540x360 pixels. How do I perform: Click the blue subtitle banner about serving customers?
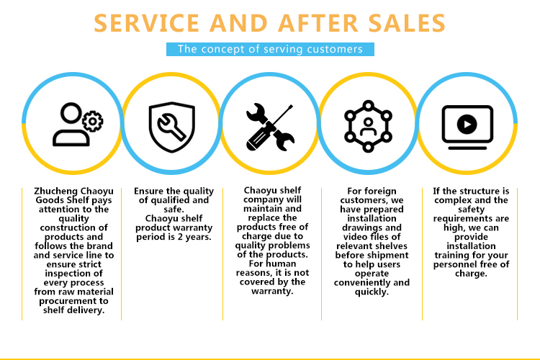tap(270, 50)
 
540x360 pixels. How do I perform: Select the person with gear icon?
tap(72, 125)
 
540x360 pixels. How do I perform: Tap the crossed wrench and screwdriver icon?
tap(270, 127)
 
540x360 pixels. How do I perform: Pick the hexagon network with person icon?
tap(369, 125)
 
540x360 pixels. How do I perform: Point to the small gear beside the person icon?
tap(92, 121)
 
